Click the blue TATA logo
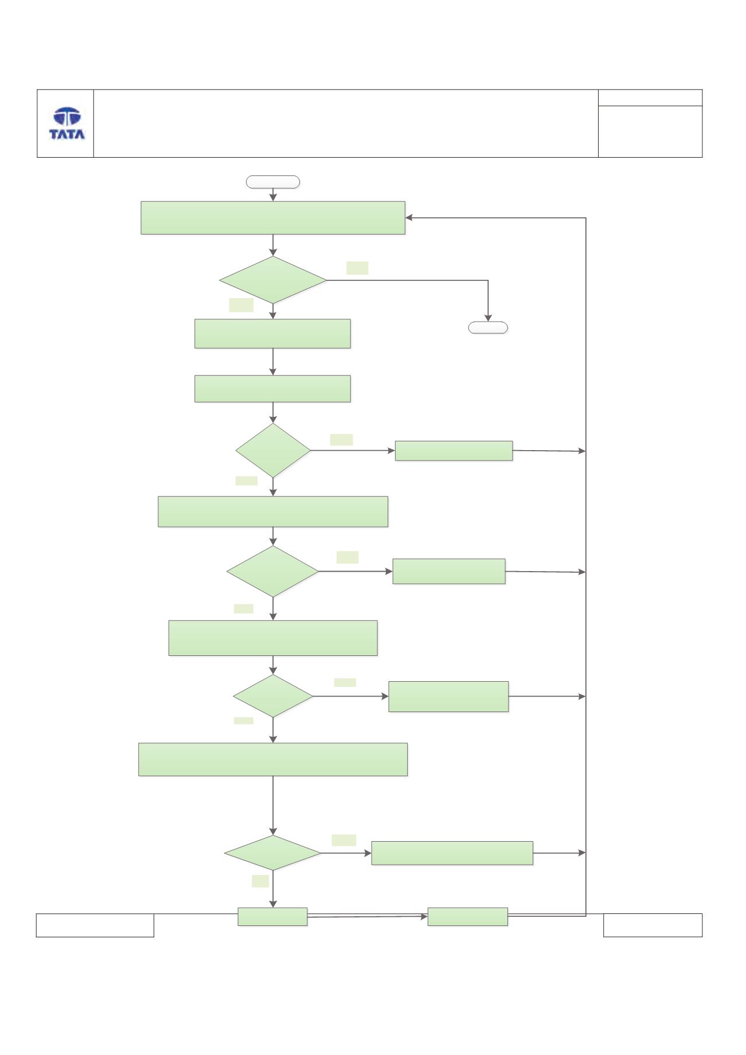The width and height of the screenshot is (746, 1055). [67, 123]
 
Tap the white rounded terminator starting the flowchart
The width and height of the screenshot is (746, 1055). [273, 182]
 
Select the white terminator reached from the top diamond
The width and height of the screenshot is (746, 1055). [488, 327]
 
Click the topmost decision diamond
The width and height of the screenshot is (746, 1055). [273, 280]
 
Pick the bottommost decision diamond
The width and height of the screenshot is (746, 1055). [272, 853]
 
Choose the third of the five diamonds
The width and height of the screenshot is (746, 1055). [272, 571]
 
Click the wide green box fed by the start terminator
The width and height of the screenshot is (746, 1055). [273, 218]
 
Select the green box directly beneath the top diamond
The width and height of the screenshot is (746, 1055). [272, 334]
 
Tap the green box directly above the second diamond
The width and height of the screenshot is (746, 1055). [272, 389]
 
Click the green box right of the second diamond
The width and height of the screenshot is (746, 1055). [454, 451]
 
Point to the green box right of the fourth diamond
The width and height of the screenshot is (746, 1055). [448, 697]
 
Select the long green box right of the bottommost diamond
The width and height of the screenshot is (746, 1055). [452, 853]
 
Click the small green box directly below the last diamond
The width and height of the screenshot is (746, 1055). [272, 917]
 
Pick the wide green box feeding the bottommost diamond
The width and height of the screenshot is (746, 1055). [273, 760]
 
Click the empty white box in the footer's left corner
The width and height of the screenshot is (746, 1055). [95, 925]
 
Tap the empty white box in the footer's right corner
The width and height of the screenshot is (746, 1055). [653, 925]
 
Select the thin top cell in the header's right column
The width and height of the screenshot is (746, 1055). [650, 97]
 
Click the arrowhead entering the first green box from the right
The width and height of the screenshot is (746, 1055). [409, 218]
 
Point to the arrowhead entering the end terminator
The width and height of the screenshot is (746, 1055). [488, 318]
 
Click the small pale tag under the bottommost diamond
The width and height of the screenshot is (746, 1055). [260, 881]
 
